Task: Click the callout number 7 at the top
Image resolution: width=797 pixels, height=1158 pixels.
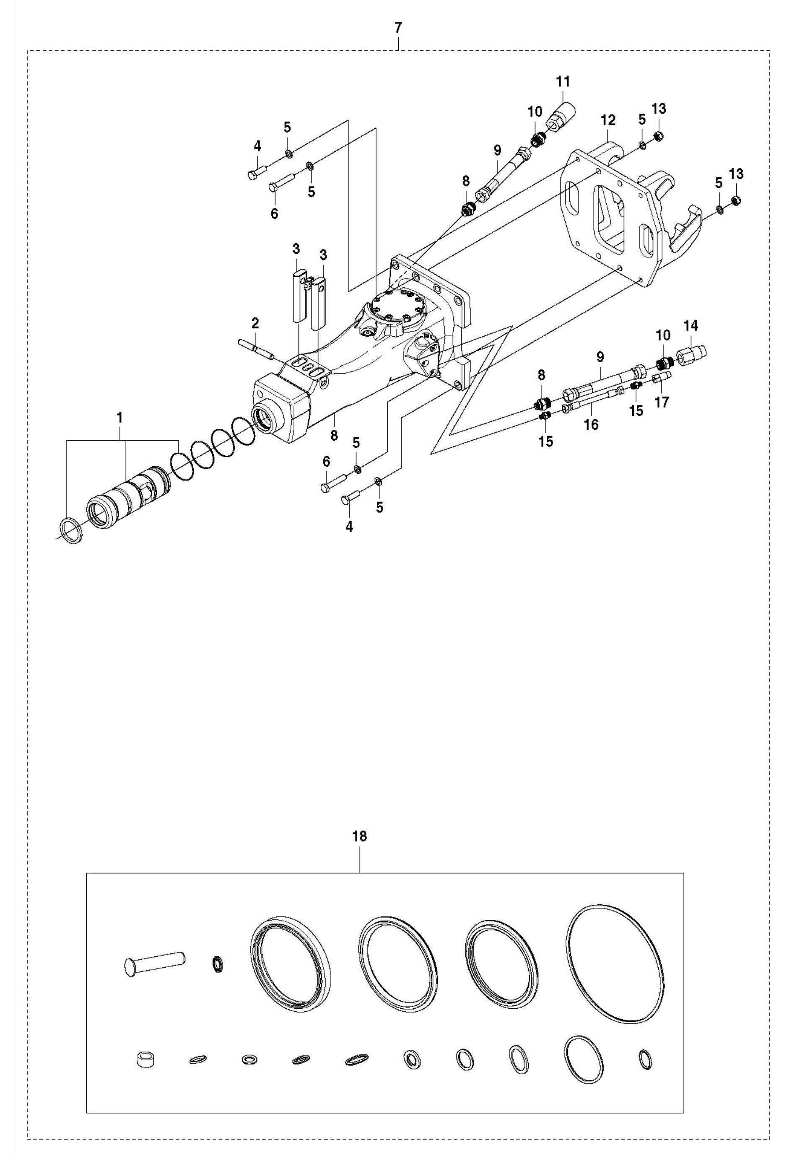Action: [397, 28]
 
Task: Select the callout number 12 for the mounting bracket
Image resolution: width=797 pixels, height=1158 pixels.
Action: [608, 120]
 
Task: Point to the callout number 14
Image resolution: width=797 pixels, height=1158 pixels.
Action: [691, 326]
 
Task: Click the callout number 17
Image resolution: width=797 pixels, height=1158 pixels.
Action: [662, 402]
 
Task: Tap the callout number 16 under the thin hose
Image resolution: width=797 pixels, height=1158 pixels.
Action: [591, 425]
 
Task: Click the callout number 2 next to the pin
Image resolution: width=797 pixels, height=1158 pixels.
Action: [255, 323]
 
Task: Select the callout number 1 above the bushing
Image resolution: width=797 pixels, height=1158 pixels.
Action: [120, 418]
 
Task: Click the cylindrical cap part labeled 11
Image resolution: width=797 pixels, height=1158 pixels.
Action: [562, 117]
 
